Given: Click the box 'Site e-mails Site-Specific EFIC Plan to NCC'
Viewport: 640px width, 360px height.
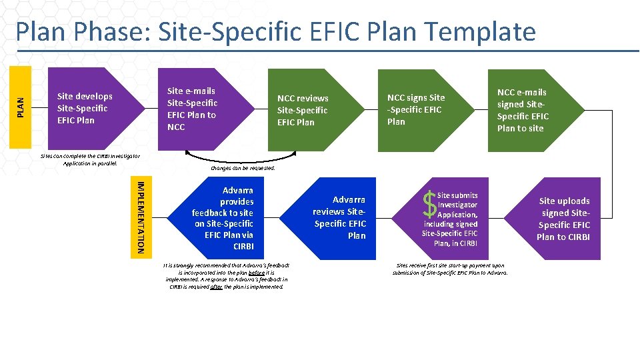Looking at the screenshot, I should coord(193,109).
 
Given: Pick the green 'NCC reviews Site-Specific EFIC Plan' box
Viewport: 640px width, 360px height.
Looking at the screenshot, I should coord(303,109).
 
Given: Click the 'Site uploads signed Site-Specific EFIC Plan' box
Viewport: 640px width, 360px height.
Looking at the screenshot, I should coord(563,219).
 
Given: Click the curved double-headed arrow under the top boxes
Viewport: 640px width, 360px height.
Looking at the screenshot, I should coord(241,158).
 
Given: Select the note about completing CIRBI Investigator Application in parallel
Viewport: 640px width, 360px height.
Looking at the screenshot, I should coord(90,159).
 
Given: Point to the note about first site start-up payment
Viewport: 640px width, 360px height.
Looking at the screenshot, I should coord(450,269).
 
